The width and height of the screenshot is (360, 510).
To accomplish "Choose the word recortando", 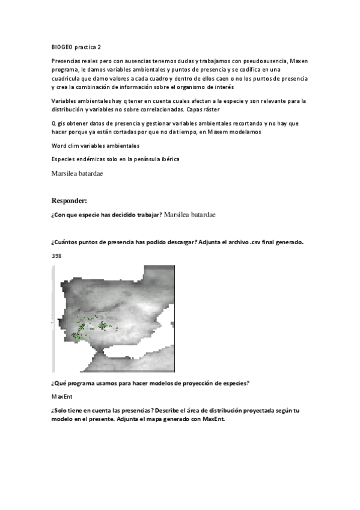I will click(233, 123).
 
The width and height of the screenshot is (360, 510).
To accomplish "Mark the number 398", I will click(56, 256).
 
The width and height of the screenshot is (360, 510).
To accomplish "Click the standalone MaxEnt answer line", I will click(61, 396).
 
